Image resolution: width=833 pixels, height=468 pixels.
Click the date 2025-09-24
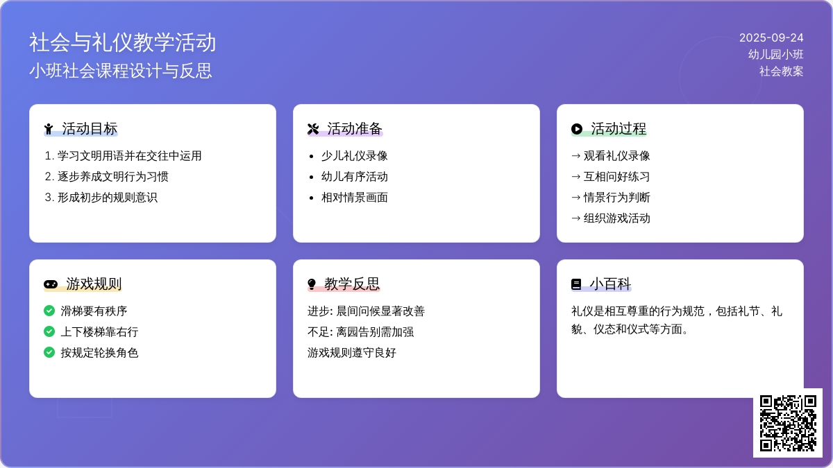(x=771, y=37)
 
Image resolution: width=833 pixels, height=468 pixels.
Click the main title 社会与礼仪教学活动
(x=122, y=42)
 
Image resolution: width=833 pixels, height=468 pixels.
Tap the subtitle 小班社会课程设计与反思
(x=121, y=71)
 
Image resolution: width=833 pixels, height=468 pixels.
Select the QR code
(x=788, y=423)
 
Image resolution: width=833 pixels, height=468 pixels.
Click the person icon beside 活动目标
(x=49, y=129)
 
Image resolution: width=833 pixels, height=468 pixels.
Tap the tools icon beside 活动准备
(x=313, y=129)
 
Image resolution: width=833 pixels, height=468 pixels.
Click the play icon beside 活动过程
(x=576, y=129)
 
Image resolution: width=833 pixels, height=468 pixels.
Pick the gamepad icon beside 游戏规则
(x=51, y=284)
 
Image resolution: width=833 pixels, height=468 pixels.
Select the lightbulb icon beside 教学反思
(x=312, y=284)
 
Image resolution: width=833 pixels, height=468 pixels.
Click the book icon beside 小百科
(x=576, y=284)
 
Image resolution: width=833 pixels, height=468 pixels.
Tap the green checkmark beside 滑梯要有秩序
(x=49, y=311)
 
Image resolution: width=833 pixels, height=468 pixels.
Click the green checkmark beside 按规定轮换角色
(x=49, y=352)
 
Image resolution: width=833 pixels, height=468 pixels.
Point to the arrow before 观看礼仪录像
(x=575, y=156)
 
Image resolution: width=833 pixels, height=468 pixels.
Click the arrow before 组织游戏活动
(x=575, y=218)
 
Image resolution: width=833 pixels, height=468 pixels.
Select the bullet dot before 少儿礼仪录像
(x=312, y=156)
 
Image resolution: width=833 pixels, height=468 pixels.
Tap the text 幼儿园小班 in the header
(x=775, y=54)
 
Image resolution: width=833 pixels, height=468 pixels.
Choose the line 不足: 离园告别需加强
(x=360, y=331)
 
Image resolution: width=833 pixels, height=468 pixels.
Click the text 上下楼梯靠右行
(x=99, y=331)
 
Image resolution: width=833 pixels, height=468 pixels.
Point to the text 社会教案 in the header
(x=781, y=71)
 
